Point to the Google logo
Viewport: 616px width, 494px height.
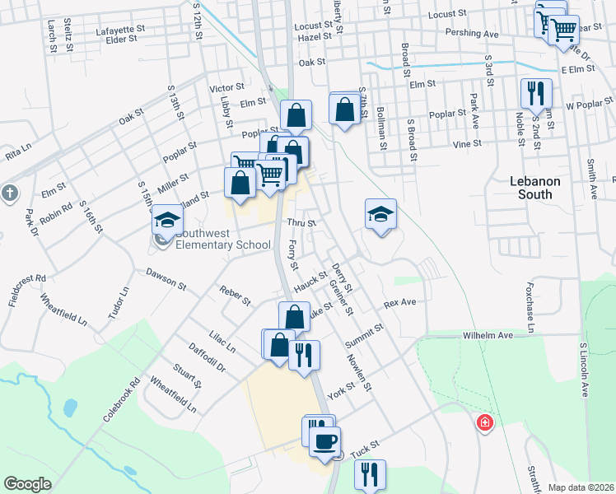(27, 484)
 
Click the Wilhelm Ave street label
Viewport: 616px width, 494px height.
(488, 336)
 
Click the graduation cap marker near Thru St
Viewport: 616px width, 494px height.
(380, 214)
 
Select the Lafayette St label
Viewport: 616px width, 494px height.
(120, 28)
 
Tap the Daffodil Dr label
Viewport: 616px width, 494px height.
(207, 361)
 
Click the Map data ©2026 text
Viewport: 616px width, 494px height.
(581, 487)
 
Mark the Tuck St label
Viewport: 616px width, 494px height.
(363, 450)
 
